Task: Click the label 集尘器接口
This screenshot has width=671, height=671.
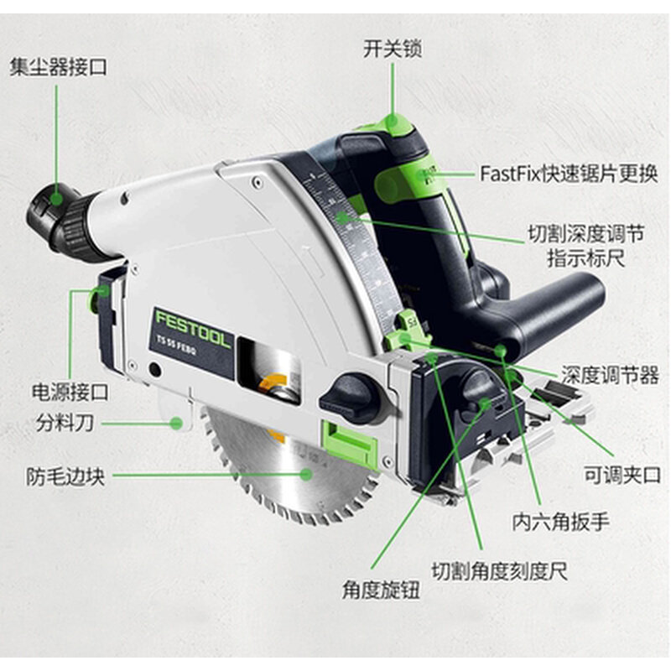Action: point(59,67)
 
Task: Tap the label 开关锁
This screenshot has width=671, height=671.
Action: point(392,48)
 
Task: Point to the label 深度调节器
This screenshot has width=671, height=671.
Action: point(610,375)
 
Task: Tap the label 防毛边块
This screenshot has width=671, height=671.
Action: point(65,477)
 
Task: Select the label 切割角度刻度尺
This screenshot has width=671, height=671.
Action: point(500,572)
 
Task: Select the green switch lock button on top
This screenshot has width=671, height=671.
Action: point(394,126)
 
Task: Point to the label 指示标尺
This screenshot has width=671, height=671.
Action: point(585,258)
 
